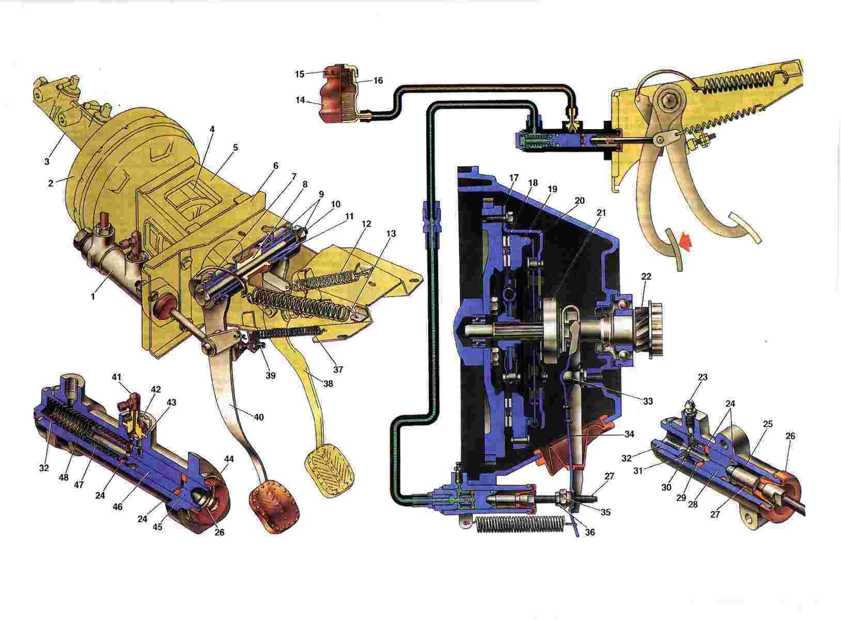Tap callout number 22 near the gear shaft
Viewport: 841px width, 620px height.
coord(646,277)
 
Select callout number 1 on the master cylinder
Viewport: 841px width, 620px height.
coord(93,296)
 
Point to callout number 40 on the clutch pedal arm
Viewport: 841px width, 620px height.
coord(259,417)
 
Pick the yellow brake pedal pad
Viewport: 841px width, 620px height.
coord(331,470)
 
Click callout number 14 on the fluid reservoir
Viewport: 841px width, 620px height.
coord(300,100)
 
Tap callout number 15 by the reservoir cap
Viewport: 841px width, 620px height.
coord(299,74)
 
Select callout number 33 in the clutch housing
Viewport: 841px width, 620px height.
coord(648,401)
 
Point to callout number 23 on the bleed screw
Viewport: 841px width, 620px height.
coord(703,377)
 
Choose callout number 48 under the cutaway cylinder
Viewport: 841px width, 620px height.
coord(64,477)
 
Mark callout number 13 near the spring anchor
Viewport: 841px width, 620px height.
coord(391,234)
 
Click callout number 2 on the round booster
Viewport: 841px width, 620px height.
coord(51,183)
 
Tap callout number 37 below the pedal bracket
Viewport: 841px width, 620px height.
coord(338,369)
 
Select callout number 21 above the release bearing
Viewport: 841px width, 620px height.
coord(601,213)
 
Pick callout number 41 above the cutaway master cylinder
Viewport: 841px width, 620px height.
coord(117,377)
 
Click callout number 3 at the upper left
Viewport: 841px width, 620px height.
coord(46,162)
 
